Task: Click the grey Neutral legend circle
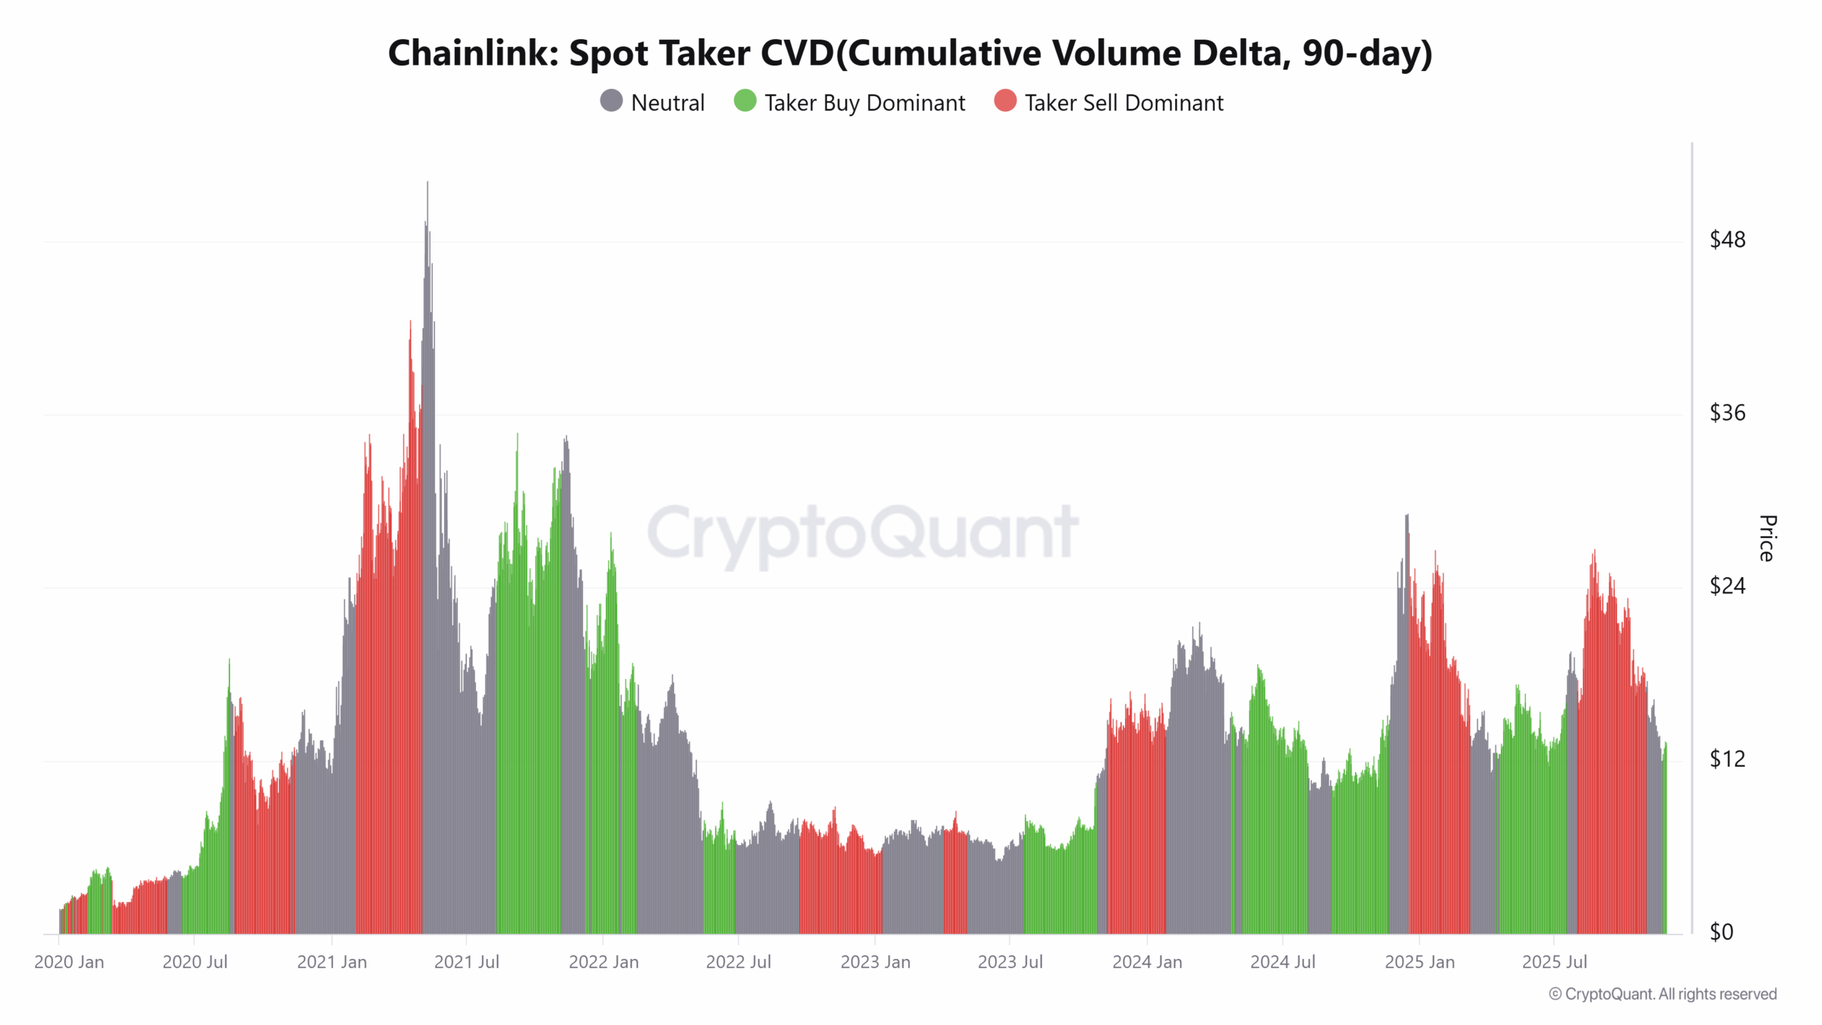(x=611, y=101)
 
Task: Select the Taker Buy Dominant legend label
(x=864, y=103)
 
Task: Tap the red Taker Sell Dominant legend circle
(x=1005, y=101)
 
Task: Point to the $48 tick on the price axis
(x=1727, y=240)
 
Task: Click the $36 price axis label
(x=1727, y=413)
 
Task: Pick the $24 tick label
(x=1727, y=586)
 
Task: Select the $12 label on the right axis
(x=1727, y=759)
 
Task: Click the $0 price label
(x=1722, y=932)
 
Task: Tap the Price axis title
(x=1767, y=538)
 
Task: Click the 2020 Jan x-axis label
(x=69, y=962)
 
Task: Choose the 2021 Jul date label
(x=466, y=962)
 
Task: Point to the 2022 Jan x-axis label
(x=604, y=962)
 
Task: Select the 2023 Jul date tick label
(x=1010, y=962)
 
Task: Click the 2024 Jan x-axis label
(x=1147, y=962)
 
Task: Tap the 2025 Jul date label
(x=1554, y=962)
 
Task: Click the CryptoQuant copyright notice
(x=1663, y=994)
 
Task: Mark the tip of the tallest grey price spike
(x=428, y=183)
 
